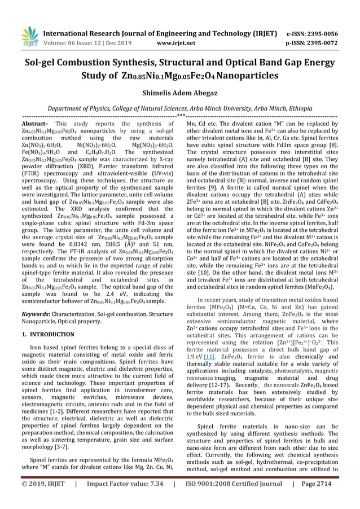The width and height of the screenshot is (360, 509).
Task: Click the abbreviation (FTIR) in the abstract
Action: pos(30,176)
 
